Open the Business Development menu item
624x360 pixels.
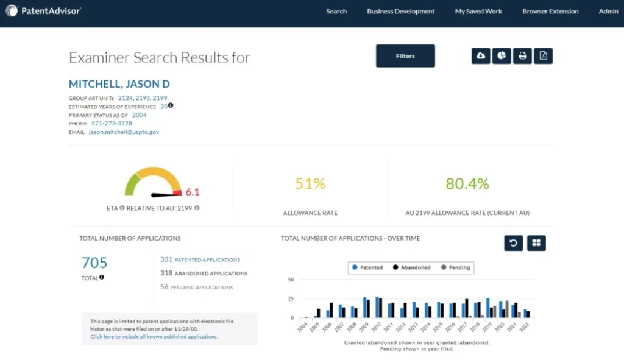(400, 11)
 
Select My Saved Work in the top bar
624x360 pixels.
(478, 11)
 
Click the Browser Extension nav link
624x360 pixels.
(550, 11)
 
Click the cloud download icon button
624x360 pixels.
(481, 56)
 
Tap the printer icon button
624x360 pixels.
(522, 56)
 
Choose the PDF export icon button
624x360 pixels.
(543, 56)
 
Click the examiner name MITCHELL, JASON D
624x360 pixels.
(119, 84)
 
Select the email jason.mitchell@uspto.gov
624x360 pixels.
(124, 132)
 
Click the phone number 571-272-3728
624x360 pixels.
(112, 123)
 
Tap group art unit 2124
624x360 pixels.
(125, 97)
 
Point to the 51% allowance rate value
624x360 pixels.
(310, 184)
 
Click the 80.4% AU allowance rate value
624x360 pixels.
(467, 184)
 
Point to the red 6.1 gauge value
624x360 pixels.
(193, 192)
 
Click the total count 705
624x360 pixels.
(94, 263)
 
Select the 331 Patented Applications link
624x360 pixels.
(200, 259)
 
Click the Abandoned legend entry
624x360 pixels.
(412, 267)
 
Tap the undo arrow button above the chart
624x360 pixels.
(513, 243)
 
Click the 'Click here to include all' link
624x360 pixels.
(154, 336)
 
